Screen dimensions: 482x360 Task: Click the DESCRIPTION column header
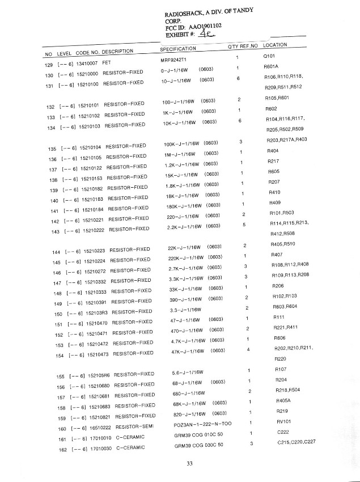(118, 52)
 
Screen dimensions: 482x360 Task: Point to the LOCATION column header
(275, 45)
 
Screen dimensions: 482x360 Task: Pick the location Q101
(269, 57)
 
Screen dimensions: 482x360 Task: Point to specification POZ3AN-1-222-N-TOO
(202, 424)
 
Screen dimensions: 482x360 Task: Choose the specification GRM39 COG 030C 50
(198, 445)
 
